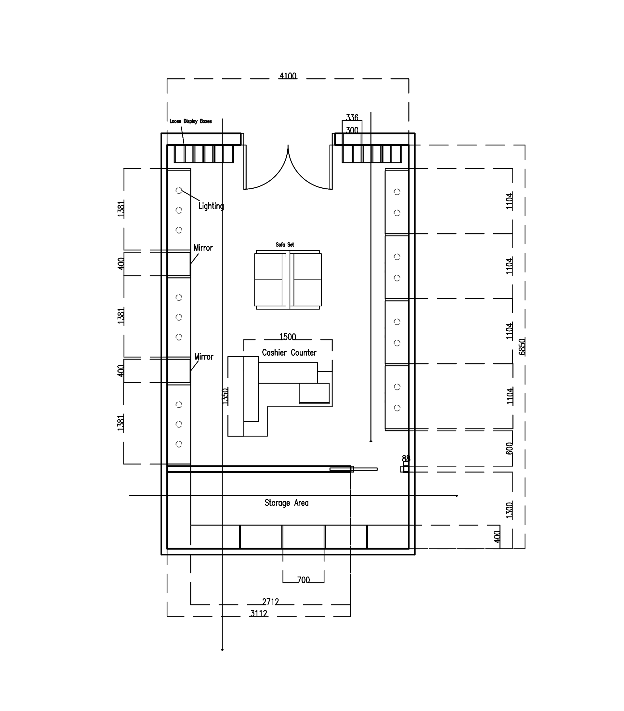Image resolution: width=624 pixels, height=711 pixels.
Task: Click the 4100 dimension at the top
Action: click(288, 76)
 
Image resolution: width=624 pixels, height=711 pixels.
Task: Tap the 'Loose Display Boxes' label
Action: click(190, 121)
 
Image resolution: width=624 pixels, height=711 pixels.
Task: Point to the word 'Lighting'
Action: click(211, 206)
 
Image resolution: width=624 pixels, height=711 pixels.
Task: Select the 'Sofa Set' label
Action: click(285, 245)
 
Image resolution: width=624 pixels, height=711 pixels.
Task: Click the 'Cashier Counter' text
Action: click(289, 353)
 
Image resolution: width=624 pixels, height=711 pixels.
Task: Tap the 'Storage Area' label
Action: click(286, 503)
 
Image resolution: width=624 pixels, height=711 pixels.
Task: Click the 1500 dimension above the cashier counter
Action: click(288, 337)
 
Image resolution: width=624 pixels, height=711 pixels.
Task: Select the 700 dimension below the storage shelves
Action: click(304, 580)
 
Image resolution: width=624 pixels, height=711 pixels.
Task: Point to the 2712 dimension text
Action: click(270, 602)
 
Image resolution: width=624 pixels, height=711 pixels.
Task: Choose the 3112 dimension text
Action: click(259, 613)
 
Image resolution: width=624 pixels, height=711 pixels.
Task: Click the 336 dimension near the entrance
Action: click(352, 118)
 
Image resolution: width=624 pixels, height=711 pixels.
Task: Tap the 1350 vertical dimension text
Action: click(225, 396)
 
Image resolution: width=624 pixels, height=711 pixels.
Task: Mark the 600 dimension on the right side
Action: click(509, 448)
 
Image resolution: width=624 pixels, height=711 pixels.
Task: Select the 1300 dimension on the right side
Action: click(509, 510)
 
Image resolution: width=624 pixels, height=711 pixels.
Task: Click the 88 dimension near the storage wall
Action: click(406, 458)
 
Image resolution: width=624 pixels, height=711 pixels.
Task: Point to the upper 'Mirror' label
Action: click(203, 248)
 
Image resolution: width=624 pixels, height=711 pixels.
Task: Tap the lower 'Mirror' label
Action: click(203, 357)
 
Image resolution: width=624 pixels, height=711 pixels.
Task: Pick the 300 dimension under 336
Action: click(352, 130)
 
